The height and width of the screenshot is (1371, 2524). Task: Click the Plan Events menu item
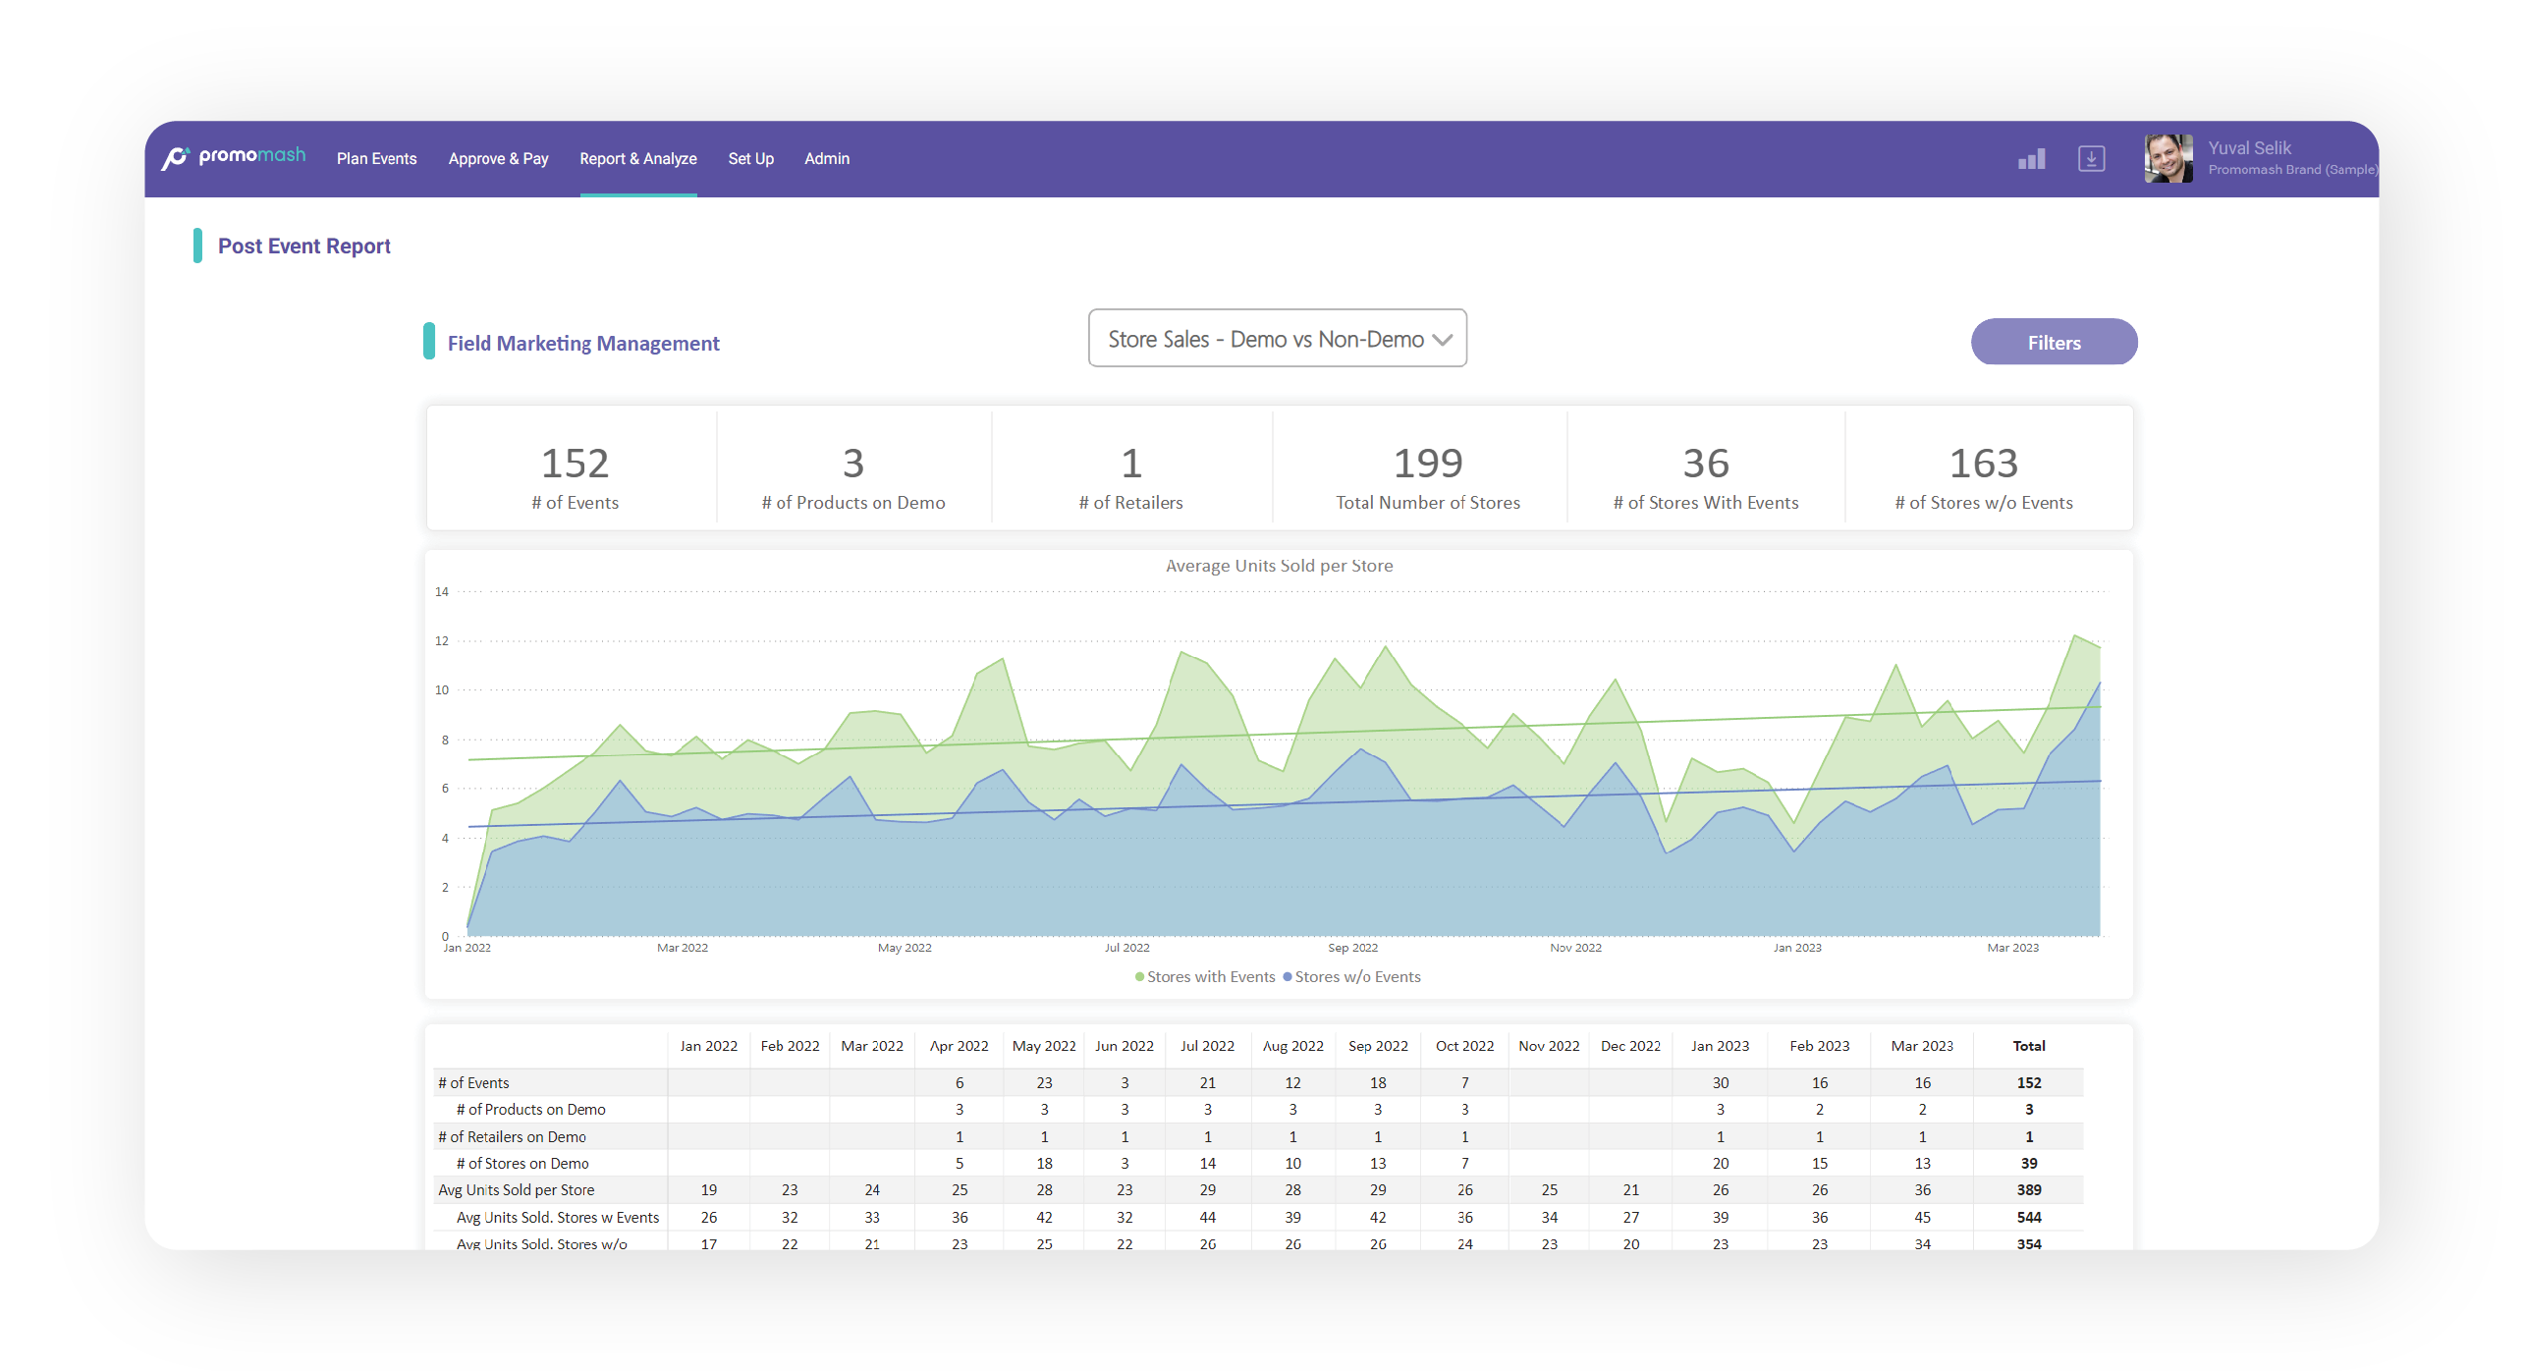(x=376, y=158)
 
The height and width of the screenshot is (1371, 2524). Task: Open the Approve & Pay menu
(x=498, y=158)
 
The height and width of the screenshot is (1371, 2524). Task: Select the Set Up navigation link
(x=750, y=158)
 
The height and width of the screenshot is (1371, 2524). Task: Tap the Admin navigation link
(x=827, y=158)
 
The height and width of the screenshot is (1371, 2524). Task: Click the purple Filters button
(x=2054, y=342)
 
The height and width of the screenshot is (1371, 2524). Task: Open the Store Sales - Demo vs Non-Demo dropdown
(x=1277, y=339)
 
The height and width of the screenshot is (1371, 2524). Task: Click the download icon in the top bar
(x=2091, y=158)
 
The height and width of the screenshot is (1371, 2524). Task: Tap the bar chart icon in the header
(x=2031, y=158)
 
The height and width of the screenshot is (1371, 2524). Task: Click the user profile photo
(x=2167, y=158)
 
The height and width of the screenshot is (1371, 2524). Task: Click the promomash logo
(x=234, y=156)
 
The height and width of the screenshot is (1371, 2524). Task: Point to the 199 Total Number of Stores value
(x=1428, y=463)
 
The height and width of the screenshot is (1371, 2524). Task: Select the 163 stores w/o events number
(x=1983, y=463)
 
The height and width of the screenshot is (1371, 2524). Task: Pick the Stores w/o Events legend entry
(x=1351, y=976)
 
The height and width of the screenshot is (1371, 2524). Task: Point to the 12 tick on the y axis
(x=442, y=640)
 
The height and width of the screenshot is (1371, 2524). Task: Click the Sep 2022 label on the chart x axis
(x=1352, y=948)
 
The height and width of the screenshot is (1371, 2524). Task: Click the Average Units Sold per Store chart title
(x=1279, y=566)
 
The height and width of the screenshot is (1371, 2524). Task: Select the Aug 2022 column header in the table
(x=1292, y=1046)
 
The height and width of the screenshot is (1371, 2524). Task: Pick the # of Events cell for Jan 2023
(x=1720, y=1082)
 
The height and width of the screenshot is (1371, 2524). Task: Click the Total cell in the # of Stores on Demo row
(x=2028, y=1163)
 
